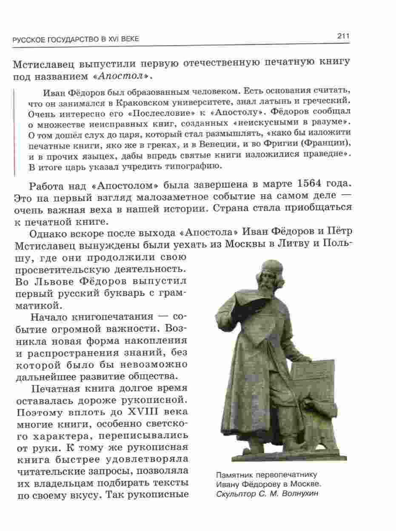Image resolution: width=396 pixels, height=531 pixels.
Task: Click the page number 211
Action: click(343, 36)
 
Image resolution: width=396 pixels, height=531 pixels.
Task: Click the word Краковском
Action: click(128, 103)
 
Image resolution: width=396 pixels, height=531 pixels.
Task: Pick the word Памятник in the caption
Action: click(234, 475)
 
